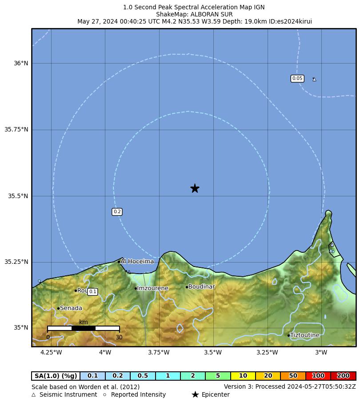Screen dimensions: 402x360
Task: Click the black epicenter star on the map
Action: pos(195,188)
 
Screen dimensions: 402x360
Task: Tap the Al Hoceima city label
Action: pos(137,261)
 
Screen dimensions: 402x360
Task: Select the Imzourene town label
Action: pos(152,288)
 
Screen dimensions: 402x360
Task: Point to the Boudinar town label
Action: pos(201,287)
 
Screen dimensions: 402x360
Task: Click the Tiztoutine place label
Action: pos(304,335)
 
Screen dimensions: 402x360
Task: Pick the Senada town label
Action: pos(71,308)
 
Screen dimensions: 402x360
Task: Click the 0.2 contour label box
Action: pos(117,212)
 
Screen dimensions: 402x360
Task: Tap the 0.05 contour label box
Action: pos(297,79)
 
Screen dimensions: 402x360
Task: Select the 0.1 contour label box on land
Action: pos(92,292)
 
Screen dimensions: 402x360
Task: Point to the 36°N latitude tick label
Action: pos(21,64)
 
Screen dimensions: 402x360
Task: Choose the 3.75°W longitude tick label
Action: pos(159,353)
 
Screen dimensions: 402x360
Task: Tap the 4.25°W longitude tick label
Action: pos(51,353)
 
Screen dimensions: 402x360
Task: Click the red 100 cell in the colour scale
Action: pos(318,376)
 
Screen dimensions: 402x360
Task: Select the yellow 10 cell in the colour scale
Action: pos(243,376)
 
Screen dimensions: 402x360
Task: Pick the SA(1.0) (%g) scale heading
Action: pos(56,376)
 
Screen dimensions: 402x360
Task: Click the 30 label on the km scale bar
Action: pos(119,338)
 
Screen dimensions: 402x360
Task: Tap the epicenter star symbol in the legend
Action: pos(195,394)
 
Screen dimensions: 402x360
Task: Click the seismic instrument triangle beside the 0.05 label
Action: pos(314,80)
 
